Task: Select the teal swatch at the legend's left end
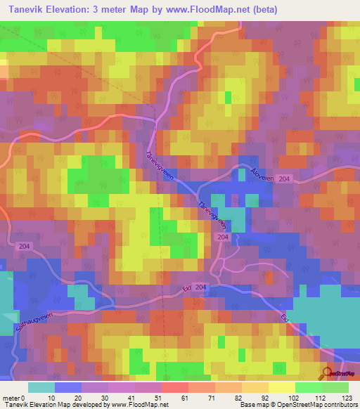pyautogui.click(x=41, y=387)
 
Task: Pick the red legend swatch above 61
pyautogui.click(x=174, y=387)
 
